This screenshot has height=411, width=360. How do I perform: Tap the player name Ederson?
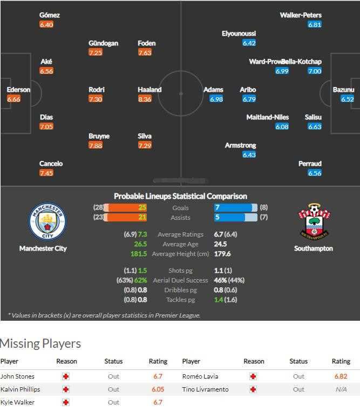pyautogui.click(x=18, y=90)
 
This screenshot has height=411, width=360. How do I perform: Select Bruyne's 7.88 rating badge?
pyautogui.click(x=95, y=146)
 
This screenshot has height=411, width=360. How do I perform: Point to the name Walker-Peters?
pyautogui.click(x=301, y=15)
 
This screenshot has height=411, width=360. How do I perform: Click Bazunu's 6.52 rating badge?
pyautogui.click(x=347, y=99)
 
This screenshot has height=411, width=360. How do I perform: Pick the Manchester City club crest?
pyautogui.click(x=46, y=222)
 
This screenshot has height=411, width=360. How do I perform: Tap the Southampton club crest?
pyautogui.click(x=314, y=221)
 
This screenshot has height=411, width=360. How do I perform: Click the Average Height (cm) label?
pyautogui.click(x=180, y=254)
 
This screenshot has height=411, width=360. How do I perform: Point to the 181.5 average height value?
pyautogui.click(x=139, y=254)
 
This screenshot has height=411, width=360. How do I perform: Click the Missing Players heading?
pyautogui.click(x=40, y=343)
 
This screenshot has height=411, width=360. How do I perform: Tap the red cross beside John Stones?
pyautogui.click(x=66, y=376)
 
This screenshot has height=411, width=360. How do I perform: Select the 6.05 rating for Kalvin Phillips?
pyautogui.click(x=158, y=389)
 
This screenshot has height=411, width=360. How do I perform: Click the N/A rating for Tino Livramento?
pyautogui.click(x=341, y=389)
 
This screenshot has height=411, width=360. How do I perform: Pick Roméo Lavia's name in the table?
pyautogui.click(x=199, y=376)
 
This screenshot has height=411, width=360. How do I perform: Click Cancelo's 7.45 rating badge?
pyautogui.click(x=46, y=173)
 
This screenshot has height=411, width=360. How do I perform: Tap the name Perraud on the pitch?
pyautogui.click(x=310, y=164)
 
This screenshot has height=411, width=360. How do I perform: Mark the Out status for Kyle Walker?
pyautogui.click(x=113, y=402)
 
